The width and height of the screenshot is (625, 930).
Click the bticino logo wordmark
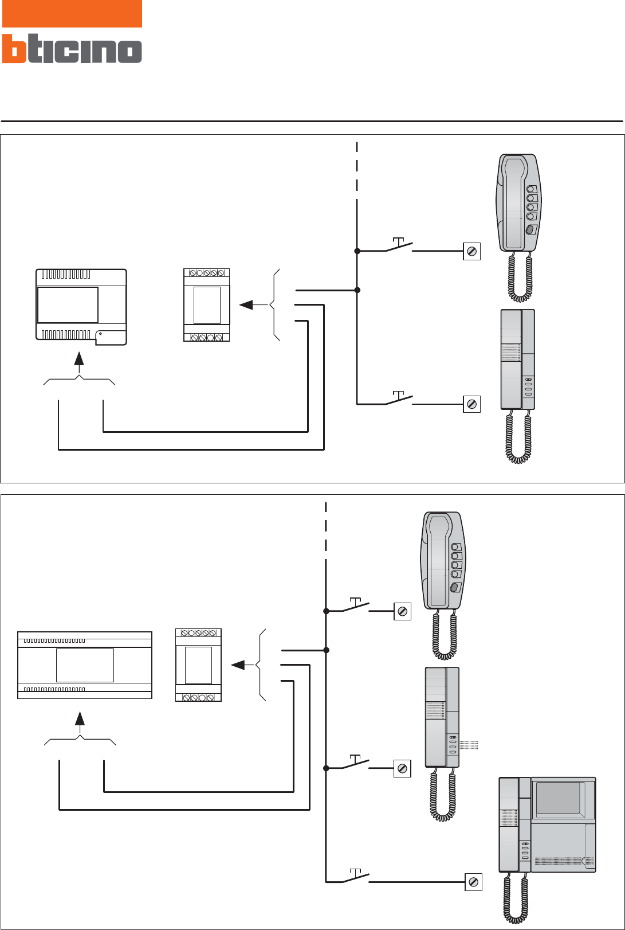(x=72, y=49)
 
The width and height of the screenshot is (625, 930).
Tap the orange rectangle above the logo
(x=72, y=14)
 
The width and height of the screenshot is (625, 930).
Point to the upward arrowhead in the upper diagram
(x=79, y=360)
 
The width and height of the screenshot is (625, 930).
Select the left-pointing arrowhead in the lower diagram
(x=238, y=665)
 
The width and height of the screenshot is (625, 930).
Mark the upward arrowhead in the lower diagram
(x=80, y=718)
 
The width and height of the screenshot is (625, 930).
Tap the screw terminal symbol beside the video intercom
(x=473, y=882)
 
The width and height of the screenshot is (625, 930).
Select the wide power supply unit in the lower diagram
(x=85, y=665)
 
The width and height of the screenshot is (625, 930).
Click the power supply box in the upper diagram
(x=81, y=307)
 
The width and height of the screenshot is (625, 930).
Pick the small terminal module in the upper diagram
(x=207, y=305)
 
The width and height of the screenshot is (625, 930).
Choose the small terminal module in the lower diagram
(x=198, y=665)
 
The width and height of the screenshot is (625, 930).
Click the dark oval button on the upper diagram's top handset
(x=530, y=230)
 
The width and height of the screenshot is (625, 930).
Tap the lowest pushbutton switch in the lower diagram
(x=355, y=877)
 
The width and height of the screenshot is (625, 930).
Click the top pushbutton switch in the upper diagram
(x=399, y=246)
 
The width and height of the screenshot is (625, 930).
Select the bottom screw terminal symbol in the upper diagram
(x=471, y=404)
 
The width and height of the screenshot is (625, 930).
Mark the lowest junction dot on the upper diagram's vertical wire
(x=357, y=290)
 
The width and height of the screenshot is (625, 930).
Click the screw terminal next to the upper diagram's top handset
(x=471, y=251)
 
